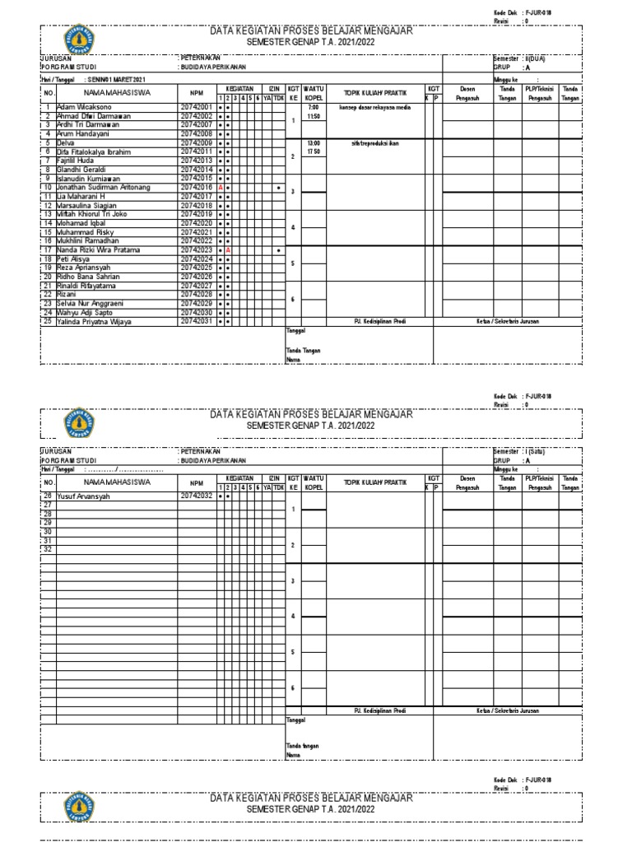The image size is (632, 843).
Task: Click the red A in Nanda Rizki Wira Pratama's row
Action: (x=228, y=250)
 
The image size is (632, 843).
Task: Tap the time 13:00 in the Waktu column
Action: (x=313, y=142)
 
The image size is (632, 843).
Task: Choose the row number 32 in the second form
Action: (x=47, y=549)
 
